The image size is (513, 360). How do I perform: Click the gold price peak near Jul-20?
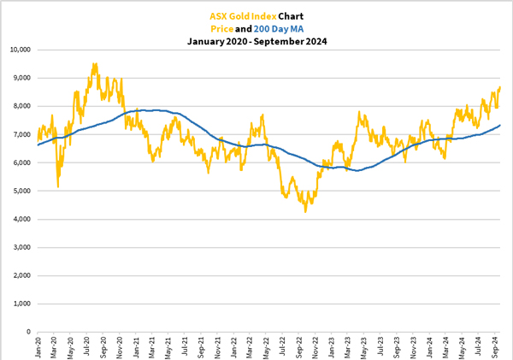94,63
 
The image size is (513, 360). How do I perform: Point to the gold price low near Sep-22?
305,210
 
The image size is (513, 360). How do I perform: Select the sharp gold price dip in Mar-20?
57,186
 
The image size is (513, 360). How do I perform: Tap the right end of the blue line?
500,126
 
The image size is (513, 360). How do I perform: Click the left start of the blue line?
38,145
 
